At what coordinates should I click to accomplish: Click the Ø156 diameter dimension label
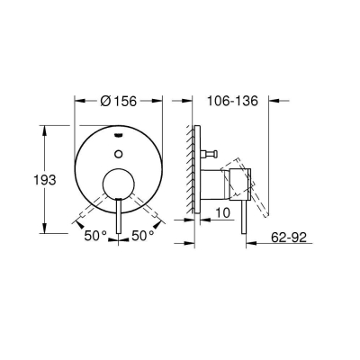tap(120, 102)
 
